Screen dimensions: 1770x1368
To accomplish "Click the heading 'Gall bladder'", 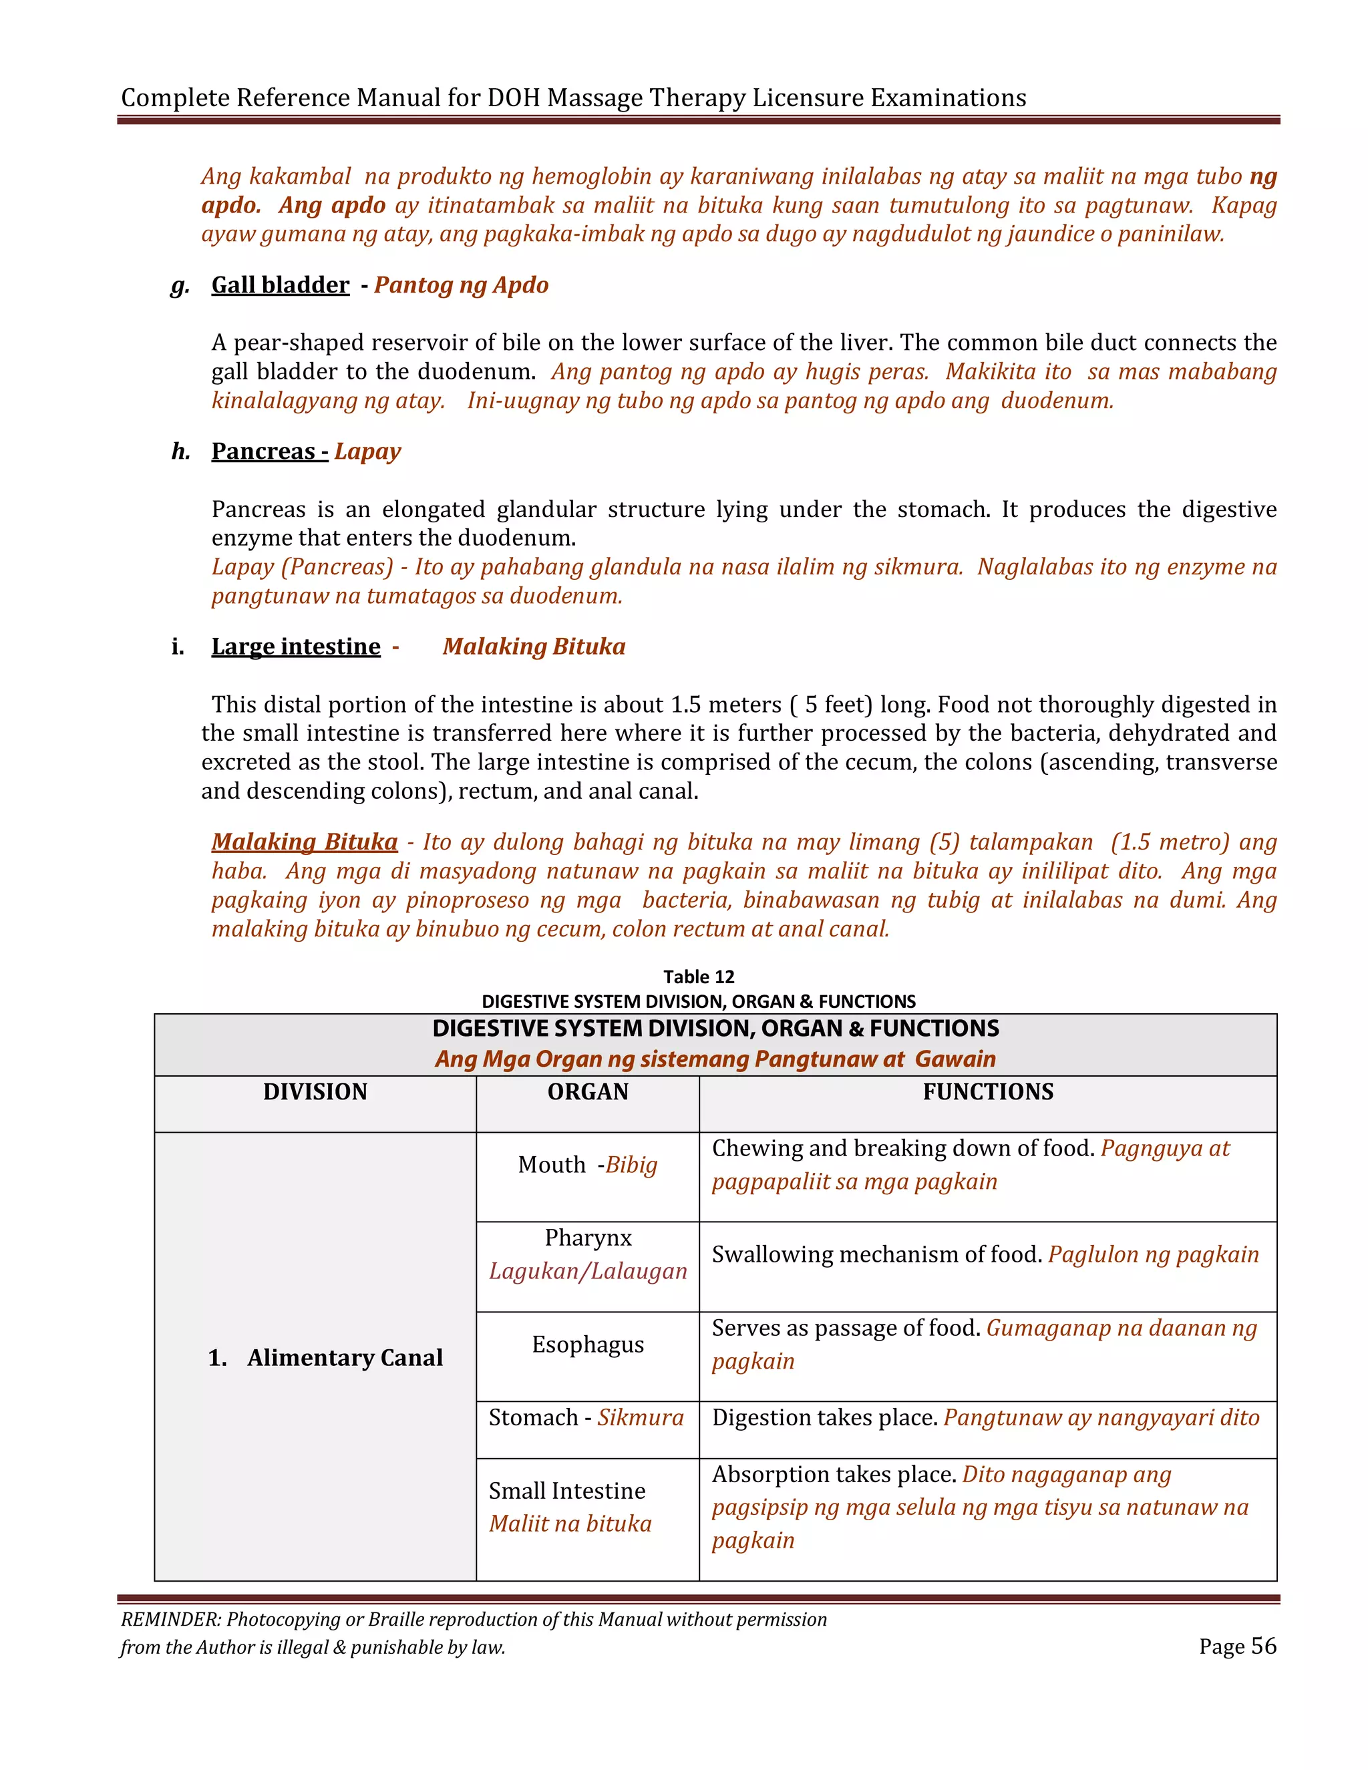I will point(281,285).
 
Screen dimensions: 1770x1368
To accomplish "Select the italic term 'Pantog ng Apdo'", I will point(461,285).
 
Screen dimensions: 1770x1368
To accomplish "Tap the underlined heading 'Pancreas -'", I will point(270,452).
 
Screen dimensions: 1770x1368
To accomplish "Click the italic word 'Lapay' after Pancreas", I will point(368,452).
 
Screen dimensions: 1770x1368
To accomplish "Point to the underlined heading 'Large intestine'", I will point(296,647).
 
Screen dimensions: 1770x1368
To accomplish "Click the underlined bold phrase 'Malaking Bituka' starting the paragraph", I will point(305,842).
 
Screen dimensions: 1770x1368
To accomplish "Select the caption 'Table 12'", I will point(699,977).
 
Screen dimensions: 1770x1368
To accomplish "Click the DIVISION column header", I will point(315,1091).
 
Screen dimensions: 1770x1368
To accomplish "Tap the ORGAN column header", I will point(588,1091).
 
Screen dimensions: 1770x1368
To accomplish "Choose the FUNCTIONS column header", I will point(988,1091).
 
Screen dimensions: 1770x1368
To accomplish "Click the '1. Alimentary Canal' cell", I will point(326,1357).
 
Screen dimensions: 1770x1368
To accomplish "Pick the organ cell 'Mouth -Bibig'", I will point(588,1166).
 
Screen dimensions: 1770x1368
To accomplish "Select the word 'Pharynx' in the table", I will point(588,1238).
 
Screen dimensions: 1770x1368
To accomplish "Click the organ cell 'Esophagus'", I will point(588,1345).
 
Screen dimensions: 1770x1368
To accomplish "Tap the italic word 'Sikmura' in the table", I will point(640,1417).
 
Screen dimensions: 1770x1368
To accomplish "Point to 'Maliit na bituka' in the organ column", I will point(570,1524).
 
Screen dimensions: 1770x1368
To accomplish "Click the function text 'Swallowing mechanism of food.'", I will point(877,1254).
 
